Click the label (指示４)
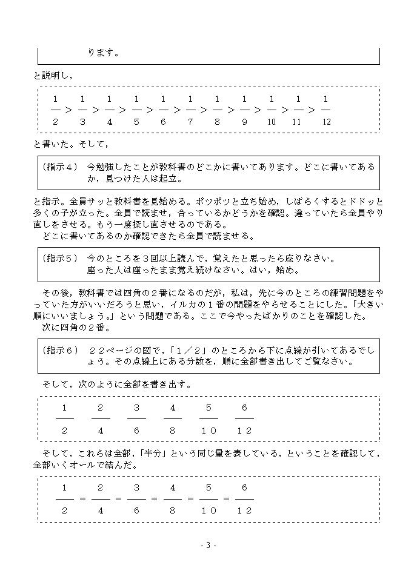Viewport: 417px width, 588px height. click(61, 166)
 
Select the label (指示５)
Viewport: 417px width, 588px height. click(61, 258)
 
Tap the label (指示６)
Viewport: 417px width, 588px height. click(61, 350)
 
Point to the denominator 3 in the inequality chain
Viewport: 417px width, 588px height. click(82, 122)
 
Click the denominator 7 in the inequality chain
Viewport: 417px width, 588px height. click(190, 122)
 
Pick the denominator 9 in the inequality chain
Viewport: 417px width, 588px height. click(244, 122)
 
